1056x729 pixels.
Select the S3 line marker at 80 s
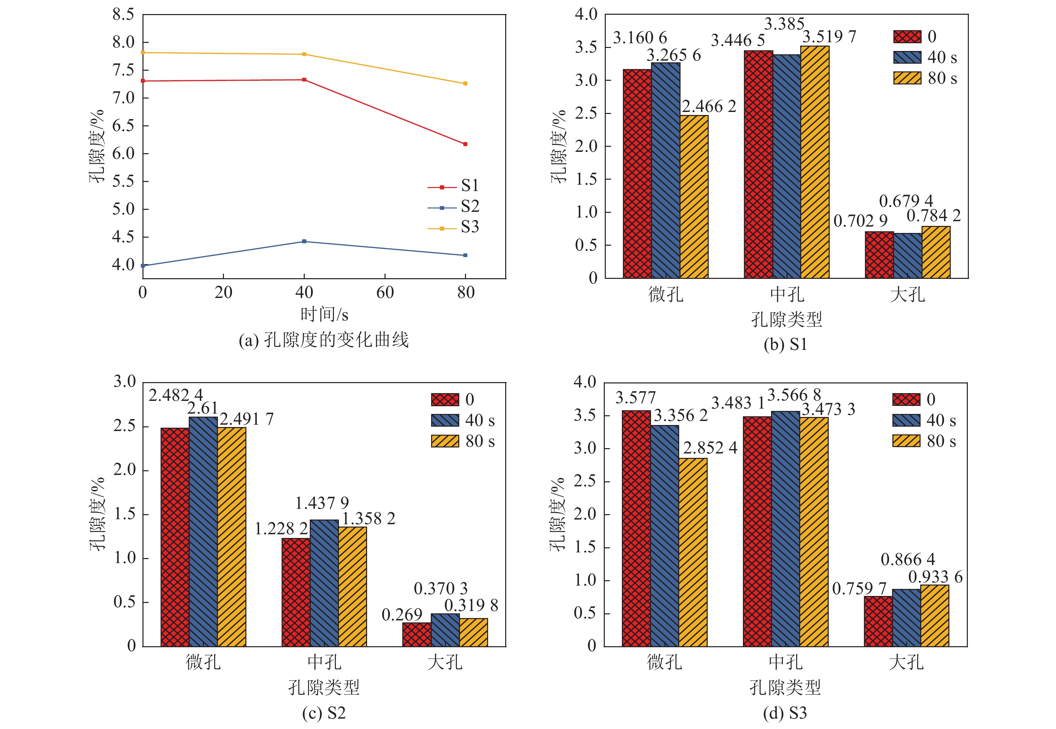pos(465,83)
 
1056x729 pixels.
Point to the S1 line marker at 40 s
pos(304,80)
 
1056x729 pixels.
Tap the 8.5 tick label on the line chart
pos(123,15)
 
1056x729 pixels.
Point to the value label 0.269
pos(402,615)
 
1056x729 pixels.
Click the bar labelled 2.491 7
pos(232,537)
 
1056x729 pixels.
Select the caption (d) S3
pos(785,713)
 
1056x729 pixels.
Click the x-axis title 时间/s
pos(324,315)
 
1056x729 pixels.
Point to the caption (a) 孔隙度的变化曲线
pos(324,340)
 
